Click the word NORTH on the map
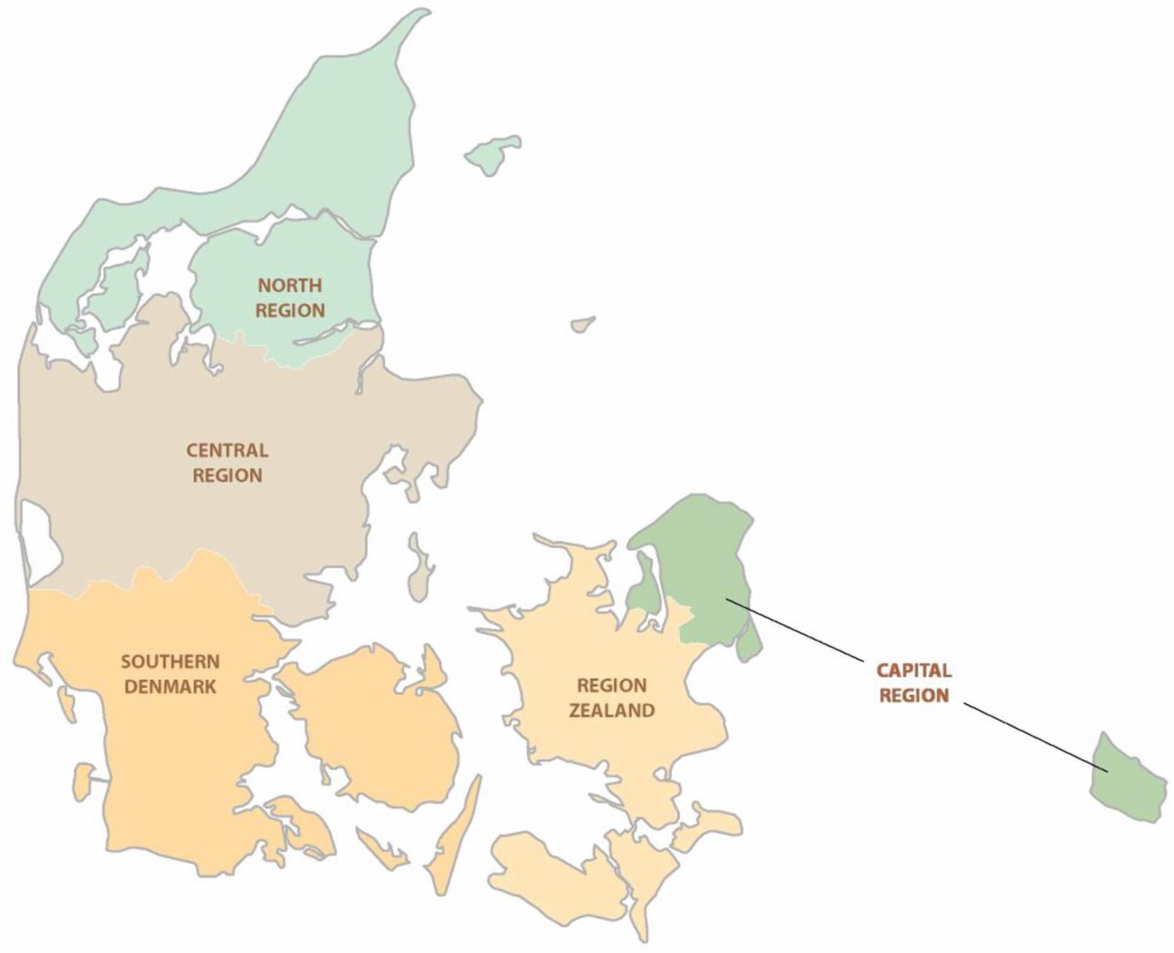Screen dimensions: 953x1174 click(290, 285)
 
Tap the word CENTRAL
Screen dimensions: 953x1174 click(227, 450)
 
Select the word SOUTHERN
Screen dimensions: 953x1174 click(170, 662)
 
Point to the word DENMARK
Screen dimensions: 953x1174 click(170, 687)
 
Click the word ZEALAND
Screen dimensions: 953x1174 click(611, 710)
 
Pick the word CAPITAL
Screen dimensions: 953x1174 click(913, 670)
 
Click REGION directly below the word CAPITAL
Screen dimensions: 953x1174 click(913, 695)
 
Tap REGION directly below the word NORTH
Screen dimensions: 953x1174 click(290, 311)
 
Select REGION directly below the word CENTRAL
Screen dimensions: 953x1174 click(227, 476)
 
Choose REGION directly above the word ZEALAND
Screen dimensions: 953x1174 click(611, 686)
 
